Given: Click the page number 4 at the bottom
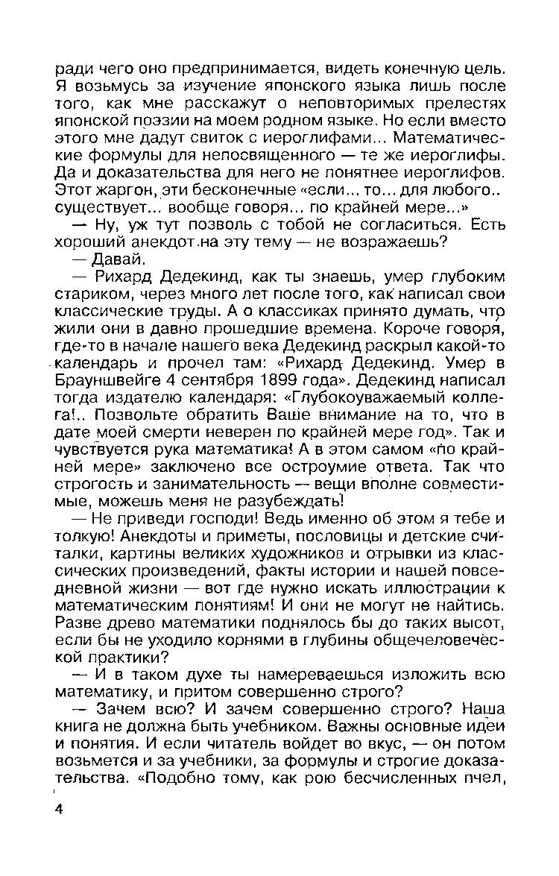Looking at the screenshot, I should (59, 810).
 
